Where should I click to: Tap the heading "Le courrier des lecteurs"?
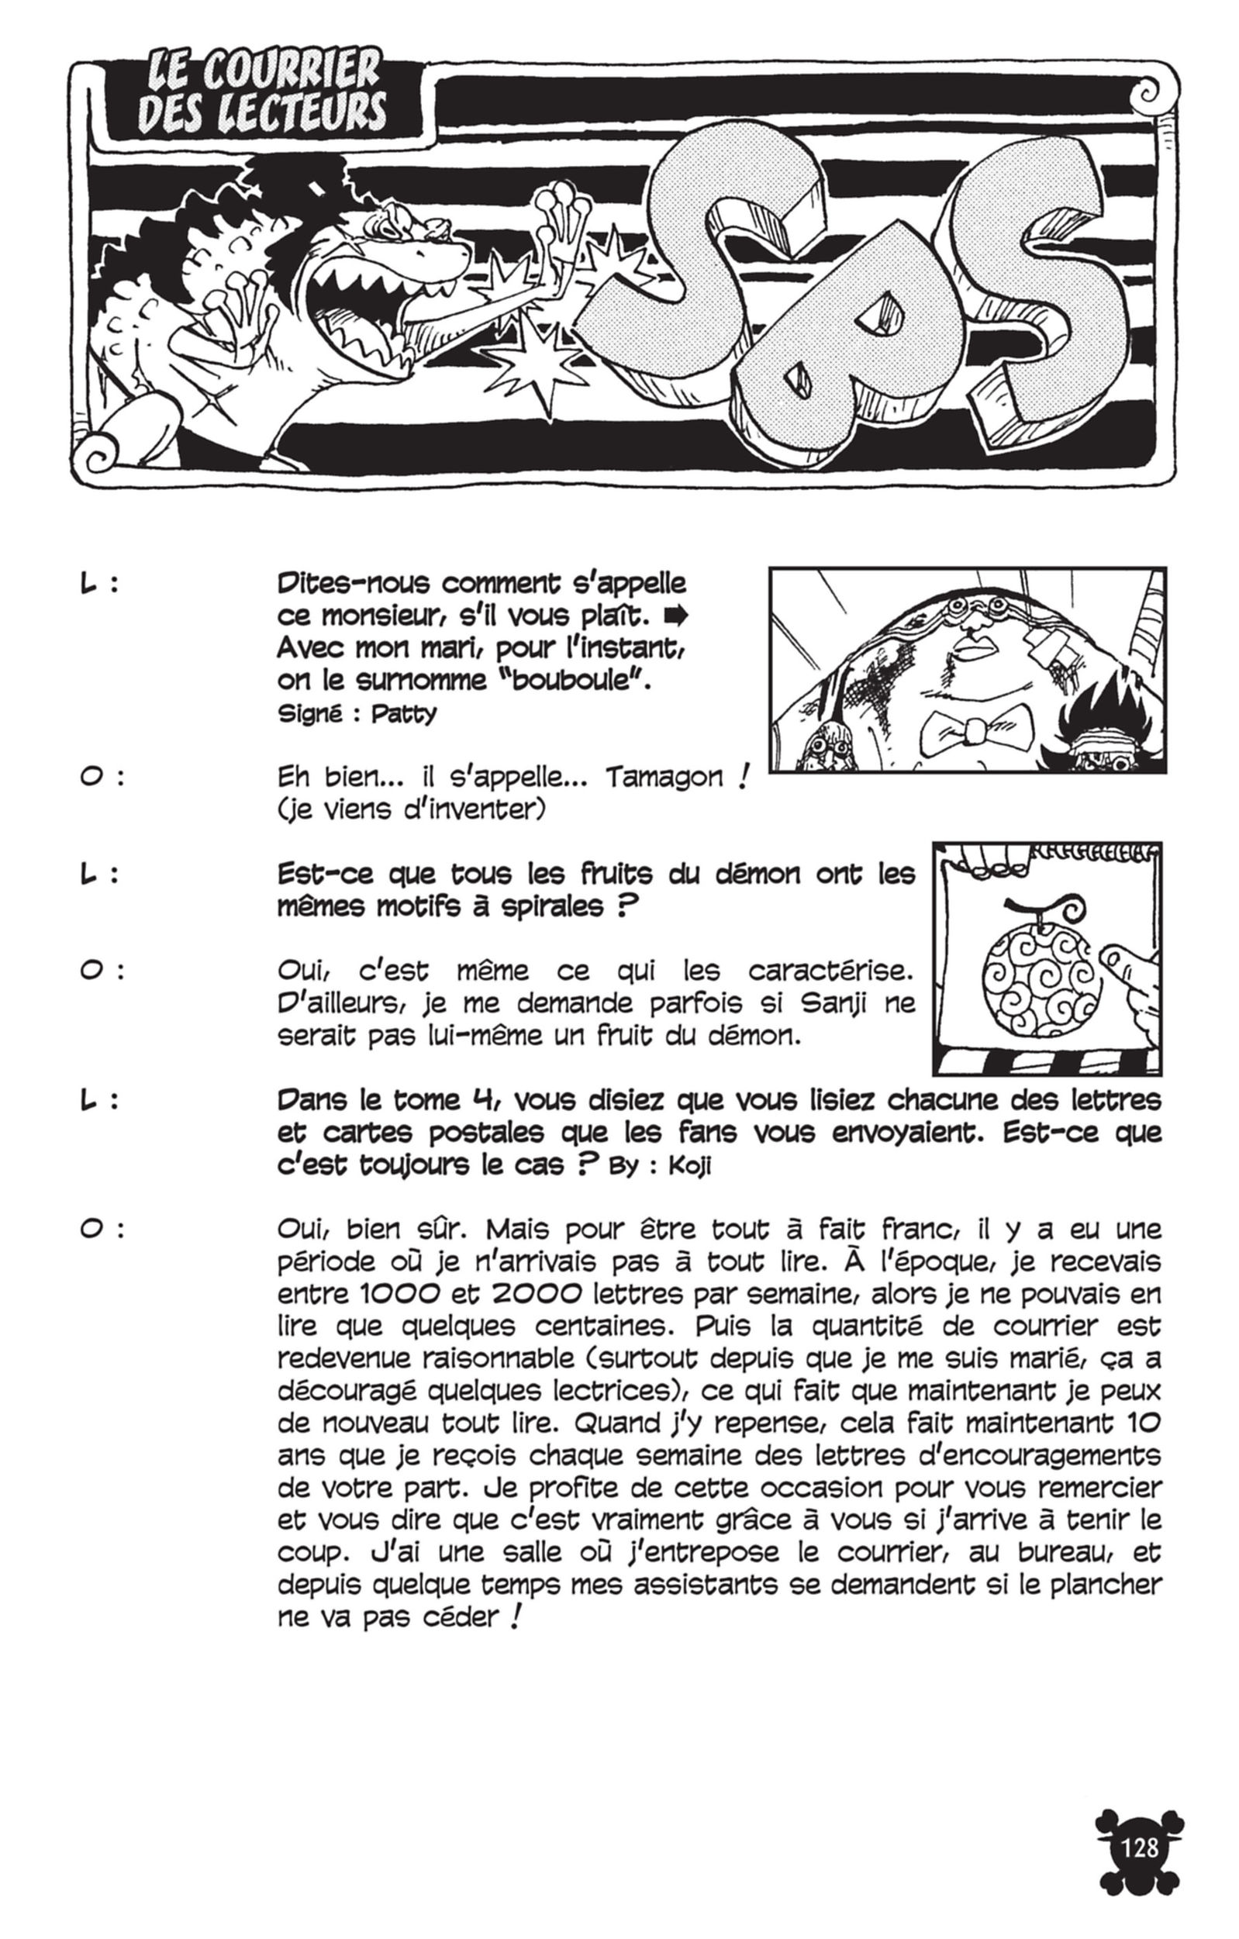point(262,93)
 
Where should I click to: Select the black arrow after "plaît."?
point(675,617)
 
